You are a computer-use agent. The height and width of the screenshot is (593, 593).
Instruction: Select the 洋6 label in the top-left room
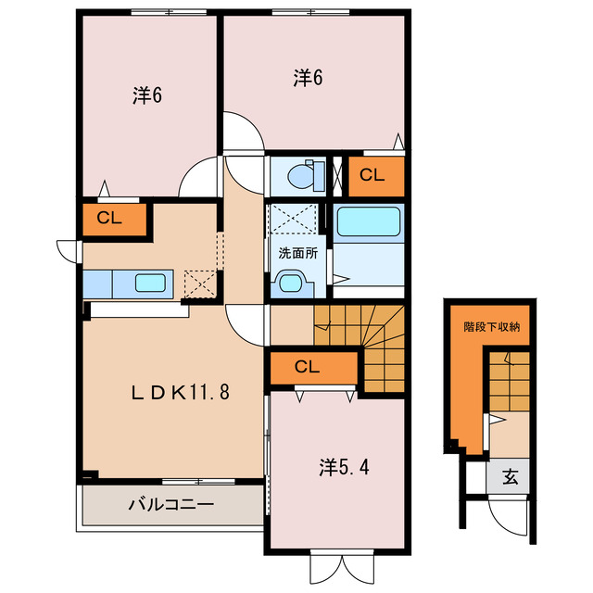(x=147, y=95)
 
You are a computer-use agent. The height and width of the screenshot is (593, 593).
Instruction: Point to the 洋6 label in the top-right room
(x=309, y=79)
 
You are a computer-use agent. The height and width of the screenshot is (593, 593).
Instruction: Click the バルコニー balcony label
(x=170, y=506)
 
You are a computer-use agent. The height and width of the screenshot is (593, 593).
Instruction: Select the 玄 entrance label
(x=511, y=479)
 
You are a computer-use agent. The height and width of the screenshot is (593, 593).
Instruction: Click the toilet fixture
(x=301, y=173)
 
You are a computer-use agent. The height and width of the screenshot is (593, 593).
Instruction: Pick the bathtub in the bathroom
(x=368, y=222)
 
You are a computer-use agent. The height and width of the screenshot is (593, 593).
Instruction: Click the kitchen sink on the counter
(x=151, y=283)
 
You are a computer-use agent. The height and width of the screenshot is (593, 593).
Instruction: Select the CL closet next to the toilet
(x=372, y=175)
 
